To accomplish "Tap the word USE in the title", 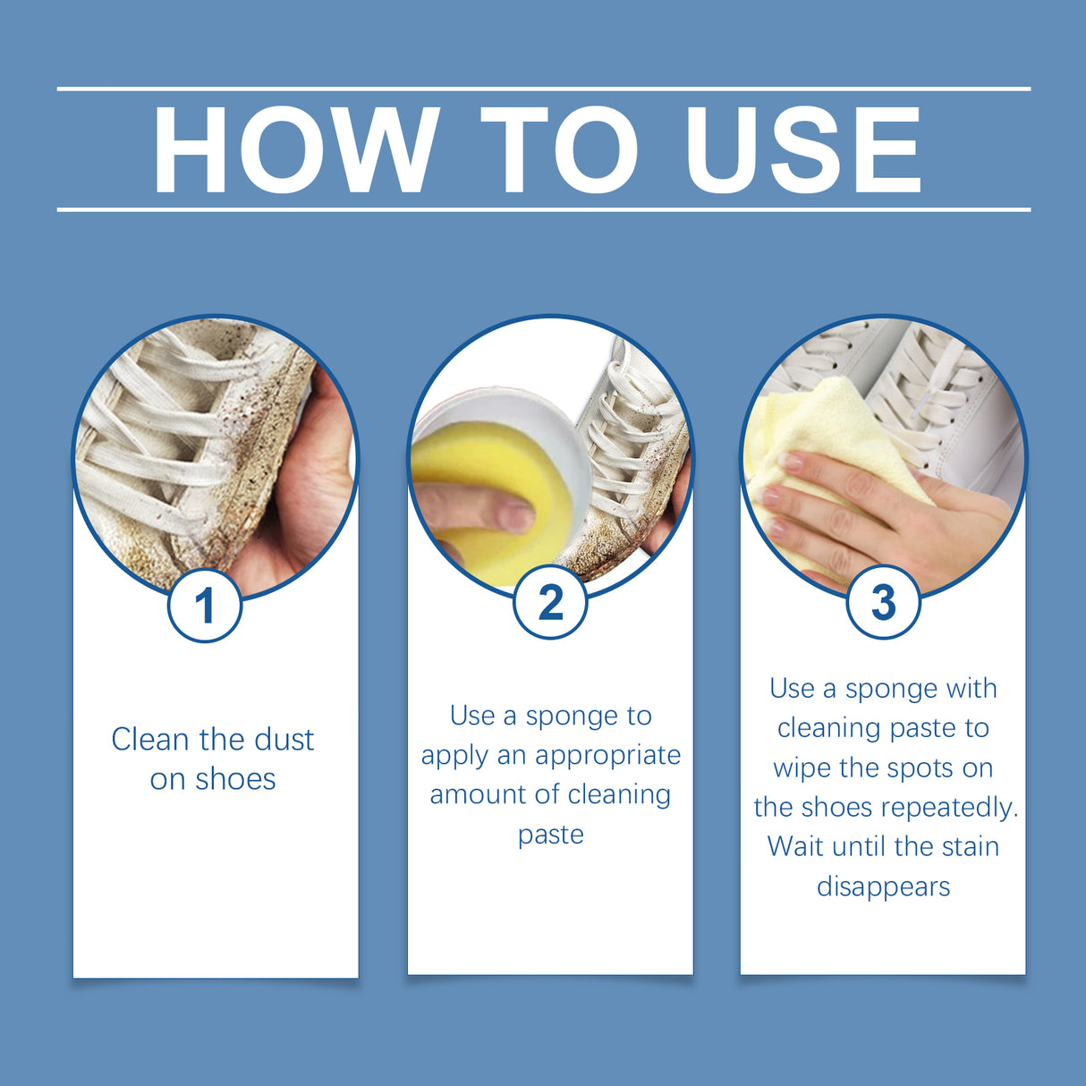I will [x=802, y=150].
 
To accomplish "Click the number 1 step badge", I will [x=205, y=606].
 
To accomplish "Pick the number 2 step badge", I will [x=550, y=602].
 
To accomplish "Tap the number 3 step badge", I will [x=883, y=602].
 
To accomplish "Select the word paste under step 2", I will [x=550, y=835].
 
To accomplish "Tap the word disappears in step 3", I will [x=883, y=887].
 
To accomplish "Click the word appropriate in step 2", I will [x=607, y=755].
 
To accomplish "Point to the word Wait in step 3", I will [x=796, y=846].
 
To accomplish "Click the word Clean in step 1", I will [x=150, y=740].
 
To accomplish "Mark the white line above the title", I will [x=543, y=89].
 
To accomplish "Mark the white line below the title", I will [x=543, y=209].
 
